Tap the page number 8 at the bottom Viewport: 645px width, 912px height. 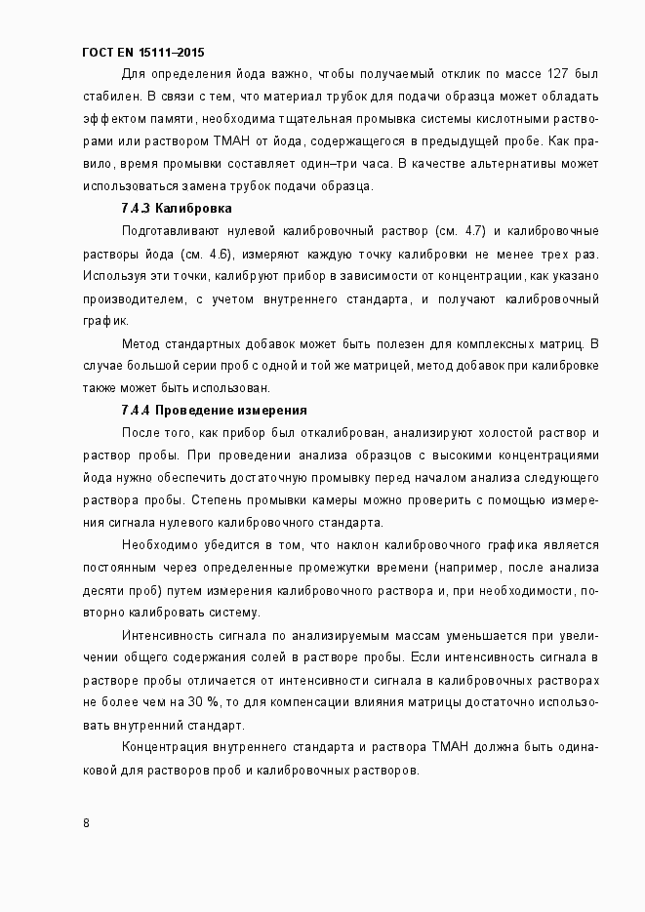87,822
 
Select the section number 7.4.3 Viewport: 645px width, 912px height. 136,209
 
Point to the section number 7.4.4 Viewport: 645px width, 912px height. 136,410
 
